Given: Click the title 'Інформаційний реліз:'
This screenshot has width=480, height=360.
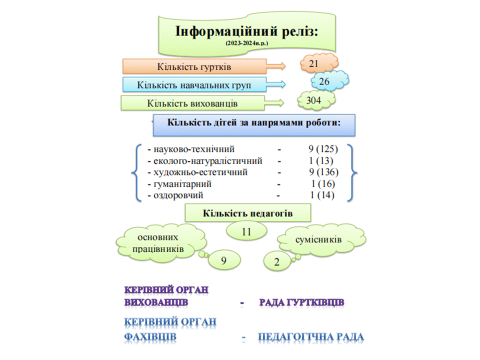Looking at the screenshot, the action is click(x=246, y=31).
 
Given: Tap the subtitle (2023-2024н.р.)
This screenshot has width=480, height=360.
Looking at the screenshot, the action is click(x=246, y=43).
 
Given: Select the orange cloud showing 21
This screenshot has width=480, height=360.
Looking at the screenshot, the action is click(x=319, y=63).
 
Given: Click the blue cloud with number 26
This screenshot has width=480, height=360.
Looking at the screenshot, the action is click(x=329, y=81).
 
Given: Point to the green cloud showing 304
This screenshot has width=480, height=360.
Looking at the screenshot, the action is click(x=316, y=100).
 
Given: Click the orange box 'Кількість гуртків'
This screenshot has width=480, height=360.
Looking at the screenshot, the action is click(x=194, y=66).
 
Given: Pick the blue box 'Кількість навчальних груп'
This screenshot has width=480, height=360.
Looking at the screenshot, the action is click(x=194, y=84).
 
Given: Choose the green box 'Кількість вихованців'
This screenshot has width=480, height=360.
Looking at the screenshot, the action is click(x=192, y=103).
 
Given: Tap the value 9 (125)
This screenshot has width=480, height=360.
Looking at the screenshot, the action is click(x=323, y=149).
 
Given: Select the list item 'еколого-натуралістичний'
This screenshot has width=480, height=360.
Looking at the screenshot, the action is click(x=208, y=160).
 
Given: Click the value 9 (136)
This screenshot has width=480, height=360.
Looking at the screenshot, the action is click(x=323, y=172).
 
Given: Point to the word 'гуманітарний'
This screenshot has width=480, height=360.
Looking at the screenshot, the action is click(x=182, y=184).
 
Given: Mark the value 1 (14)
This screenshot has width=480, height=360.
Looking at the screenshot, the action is click(x=322, y=195).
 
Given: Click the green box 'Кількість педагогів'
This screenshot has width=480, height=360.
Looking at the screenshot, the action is click(x=247, y=213).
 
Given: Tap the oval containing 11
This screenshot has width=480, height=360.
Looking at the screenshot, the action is click(x=246, y=231).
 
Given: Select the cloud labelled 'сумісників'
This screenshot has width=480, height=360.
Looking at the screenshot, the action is click(x=321, y=240).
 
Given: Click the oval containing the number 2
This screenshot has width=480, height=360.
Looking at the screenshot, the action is click(x=277, y=261).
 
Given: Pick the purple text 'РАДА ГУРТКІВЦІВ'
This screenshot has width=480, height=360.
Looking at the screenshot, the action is click(x=301, y=302).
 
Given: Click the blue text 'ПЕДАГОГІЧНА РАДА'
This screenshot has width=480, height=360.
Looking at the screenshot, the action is click(x=311, y=336).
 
